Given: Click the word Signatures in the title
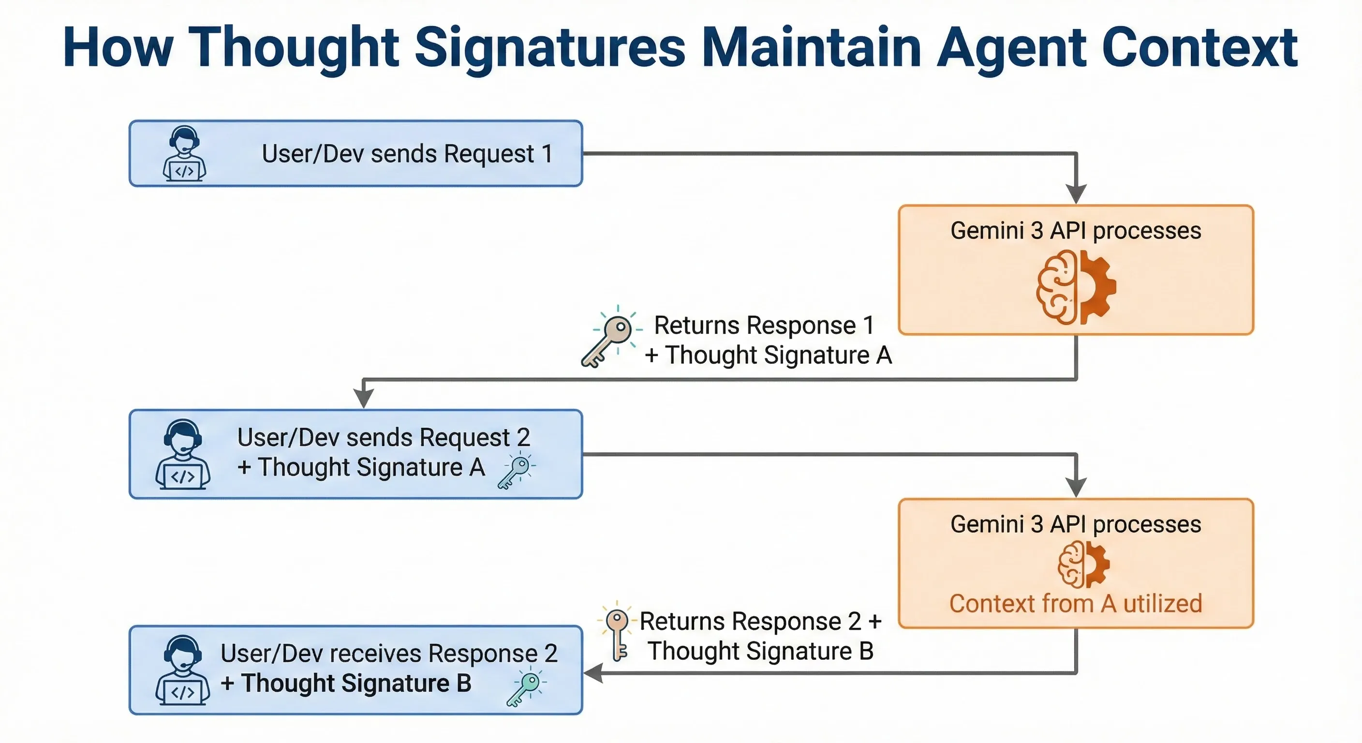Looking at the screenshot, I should click(549, 49).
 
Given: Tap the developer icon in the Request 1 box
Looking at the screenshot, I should click(184, 154).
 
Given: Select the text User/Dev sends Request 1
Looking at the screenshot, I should click(407, 154).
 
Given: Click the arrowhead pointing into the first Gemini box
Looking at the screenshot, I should click(1076, 193).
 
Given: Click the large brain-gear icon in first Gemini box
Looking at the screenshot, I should click(1076, 287).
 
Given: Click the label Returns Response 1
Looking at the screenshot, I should click(764, 325).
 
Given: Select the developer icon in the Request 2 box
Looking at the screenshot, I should click(182, 455).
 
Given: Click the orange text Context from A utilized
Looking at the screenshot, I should click(1076, 603).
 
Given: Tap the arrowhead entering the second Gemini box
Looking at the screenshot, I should click(1076, 487).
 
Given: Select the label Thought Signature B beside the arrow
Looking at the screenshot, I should click(760, 651).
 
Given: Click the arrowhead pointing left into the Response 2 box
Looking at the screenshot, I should click(593, 673).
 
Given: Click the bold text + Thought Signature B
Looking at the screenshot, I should click(346, 683).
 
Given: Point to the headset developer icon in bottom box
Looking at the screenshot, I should click(182, 670).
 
